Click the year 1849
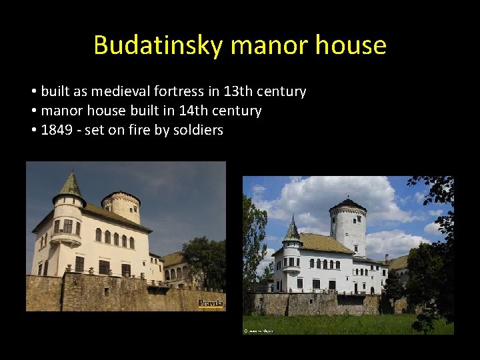pos(57,130)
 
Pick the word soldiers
pos(197,130)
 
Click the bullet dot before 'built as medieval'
pos(33,91)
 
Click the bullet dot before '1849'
pos(33,130)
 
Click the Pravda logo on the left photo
pos(211,303)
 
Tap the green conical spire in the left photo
pos(70,187)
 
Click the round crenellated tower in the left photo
pos(121,207)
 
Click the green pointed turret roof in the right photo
pos(292,231)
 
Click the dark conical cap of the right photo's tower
pos(347,204)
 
